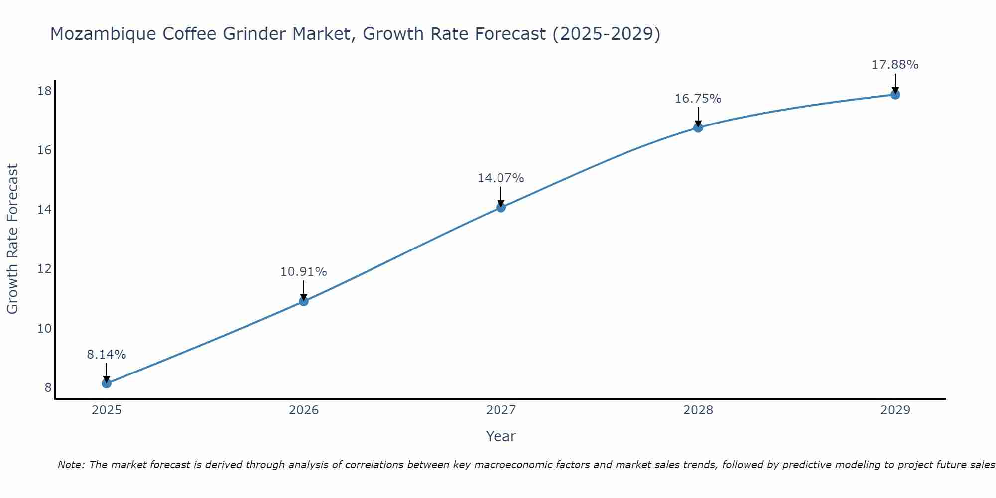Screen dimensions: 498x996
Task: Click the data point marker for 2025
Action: click(107, 383)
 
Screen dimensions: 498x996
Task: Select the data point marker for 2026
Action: click(304, 301)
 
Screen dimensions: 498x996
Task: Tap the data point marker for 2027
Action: click(501, 207)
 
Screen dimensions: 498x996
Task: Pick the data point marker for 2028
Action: click(698, 127)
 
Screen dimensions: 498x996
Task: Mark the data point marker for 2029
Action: click(895, 94)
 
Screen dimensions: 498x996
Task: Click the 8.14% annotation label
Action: click(107, 355)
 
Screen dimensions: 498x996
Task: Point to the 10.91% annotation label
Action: click(304, 272)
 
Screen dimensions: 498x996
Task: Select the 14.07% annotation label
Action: click(501, 178)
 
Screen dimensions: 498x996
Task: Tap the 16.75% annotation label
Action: click(698, 99)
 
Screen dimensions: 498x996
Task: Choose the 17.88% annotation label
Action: click(895, 65)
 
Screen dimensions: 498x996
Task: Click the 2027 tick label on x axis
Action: click(501, 410)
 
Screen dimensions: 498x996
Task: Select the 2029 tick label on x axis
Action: click(895, 410)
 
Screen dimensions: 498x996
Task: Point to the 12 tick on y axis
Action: click(45, 269)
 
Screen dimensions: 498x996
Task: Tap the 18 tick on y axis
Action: click(45, 91)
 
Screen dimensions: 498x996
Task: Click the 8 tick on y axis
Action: click(48, 387)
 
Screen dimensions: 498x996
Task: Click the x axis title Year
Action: click(501, 436)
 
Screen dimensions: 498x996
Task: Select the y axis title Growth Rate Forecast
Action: click(13, 239)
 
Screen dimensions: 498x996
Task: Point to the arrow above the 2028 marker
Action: click(698, 117)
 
